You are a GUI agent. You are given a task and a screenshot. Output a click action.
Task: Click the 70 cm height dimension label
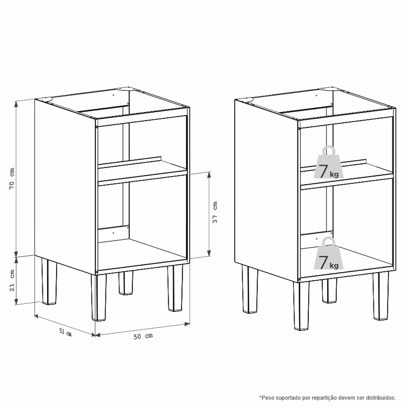12,179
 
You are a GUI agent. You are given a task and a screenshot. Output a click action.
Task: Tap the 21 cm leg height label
12,280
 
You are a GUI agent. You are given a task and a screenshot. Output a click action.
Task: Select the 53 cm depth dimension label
65,332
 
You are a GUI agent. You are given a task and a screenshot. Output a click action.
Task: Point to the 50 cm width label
143,336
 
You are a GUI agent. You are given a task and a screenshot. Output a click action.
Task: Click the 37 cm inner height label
215,212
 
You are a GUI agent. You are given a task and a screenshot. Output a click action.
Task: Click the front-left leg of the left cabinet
99,297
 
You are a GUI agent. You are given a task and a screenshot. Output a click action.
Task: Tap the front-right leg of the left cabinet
175,288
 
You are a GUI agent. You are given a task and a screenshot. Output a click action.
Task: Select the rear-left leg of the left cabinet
49,281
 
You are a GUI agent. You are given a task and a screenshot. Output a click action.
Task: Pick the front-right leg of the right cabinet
381,296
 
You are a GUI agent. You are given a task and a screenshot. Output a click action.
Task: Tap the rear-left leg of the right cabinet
250,289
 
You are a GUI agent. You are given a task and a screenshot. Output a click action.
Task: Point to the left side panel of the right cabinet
266,190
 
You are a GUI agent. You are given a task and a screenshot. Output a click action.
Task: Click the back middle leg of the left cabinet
126,283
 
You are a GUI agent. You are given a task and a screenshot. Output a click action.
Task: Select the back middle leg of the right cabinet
330,291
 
